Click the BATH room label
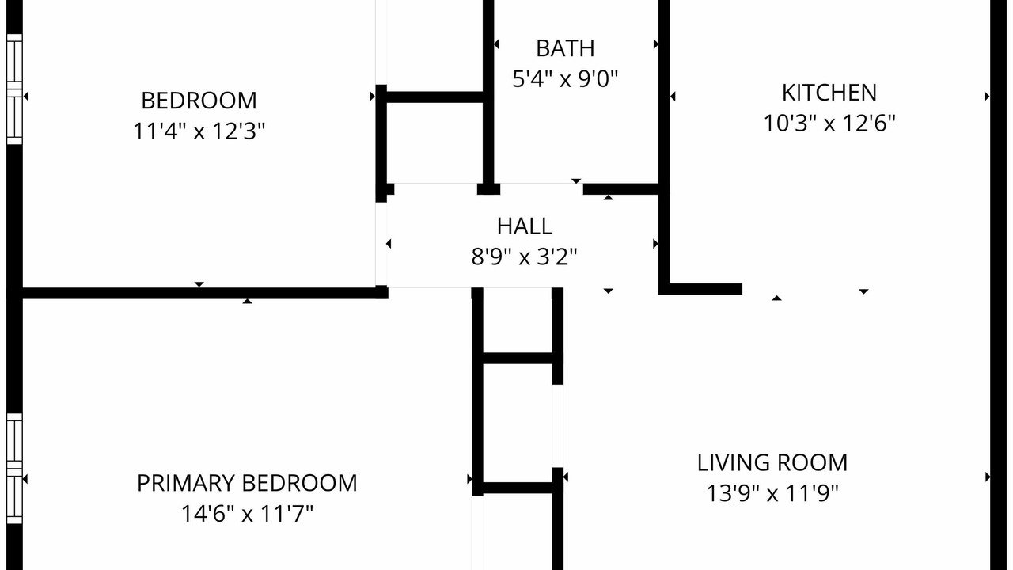coord(565,48)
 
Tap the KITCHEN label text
coord(829,93)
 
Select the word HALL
coord(525,226)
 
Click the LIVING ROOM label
coord(772,463)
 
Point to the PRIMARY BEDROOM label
coord(247,483)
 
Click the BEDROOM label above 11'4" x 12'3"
coord(199,101)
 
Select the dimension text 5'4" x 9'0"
coord(565,78)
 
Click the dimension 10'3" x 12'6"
coord(829,123)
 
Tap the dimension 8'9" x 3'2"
coord(525,256)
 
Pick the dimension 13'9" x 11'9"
coord(772,493)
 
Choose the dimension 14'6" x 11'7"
coord(247,514)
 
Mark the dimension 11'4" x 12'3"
coord(199,131)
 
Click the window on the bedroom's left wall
coord(14,89)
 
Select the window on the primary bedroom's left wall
coord(14,468)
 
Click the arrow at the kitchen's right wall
coord(987,97)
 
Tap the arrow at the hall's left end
coord(389,244)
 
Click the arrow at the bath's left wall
coord(496,44)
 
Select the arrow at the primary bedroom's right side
coord(469,479)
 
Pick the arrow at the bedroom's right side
coord(372,96)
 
